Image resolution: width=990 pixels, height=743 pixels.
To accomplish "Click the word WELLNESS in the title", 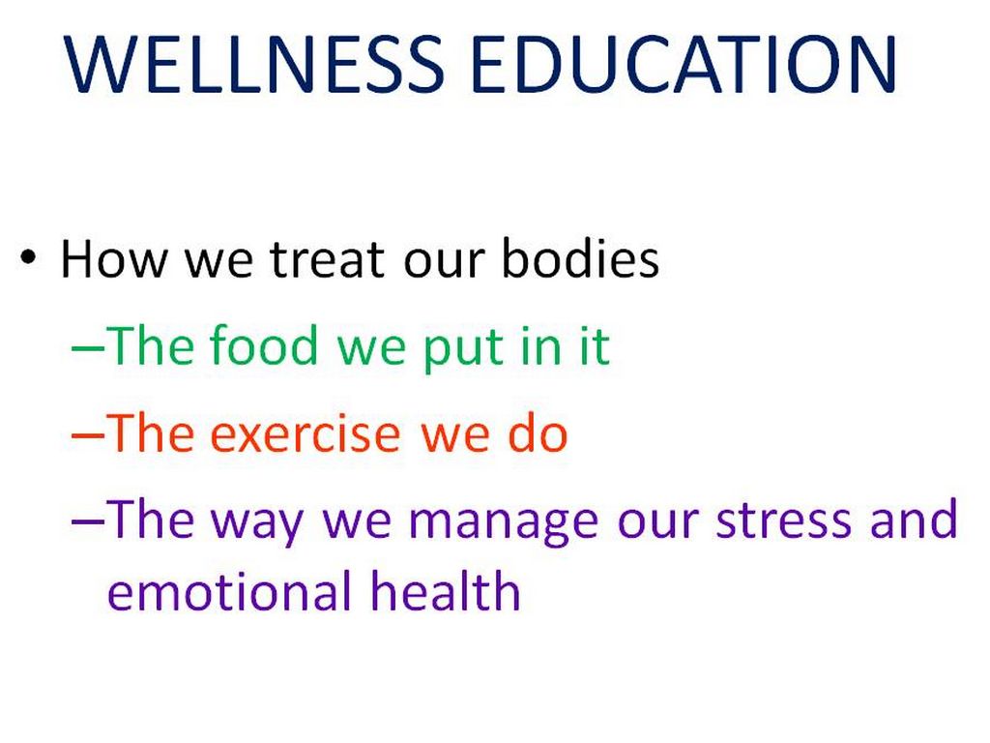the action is coord(254,64).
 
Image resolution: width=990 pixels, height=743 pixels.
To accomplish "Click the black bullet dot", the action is coord(28,257).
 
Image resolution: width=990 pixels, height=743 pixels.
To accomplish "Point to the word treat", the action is coord(327,259).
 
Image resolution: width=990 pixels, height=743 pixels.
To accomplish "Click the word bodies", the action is coord(580,258).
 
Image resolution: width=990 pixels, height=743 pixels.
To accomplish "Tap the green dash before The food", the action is coord(88,347).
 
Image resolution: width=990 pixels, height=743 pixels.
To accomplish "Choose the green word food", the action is coord(263,345).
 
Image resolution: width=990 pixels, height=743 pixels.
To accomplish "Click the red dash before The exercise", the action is coord(88,434).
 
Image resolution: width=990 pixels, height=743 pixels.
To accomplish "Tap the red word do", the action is coord(538,432).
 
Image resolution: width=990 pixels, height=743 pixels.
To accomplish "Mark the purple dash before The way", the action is coord(88,521).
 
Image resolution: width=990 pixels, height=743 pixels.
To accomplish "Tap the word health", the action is coord(445,591).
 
